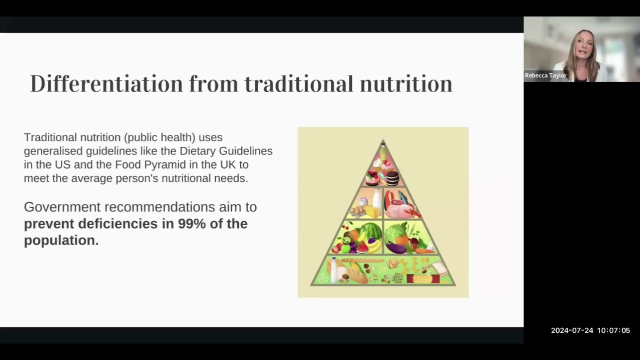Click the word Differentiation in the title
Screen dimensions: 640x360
(106, 83)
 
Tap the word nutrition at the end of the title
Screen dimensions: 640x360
(406, 83)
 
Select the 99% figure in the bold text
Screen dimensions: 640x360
(191, 223)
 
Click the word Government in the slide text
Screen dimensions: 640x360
(62, 207)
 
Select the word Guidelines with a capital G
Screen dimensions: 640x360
(245, 151)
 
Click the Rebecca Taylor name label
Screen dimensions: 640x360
(545, 75)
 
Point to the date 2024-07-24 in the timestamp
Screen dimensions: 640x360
(572, 330)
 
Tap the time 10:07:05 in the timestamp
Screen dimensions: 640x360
(613, 330)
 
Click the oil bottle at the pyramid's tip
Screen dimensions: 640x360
(383, 151)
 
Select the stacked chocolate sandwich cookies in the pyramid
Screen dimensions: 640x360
(392, 178)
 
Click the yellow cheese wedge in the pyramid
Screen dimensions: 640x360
(372, 211)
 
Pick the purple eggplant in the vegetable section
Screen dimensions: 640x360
(396, 247)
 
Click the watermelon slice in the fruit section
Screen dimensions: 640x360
(362, 247)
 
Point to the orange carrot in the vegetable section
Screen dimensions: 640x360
(425, 251)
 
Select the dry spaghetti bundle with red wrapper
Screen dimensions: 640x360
(423, 278)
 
